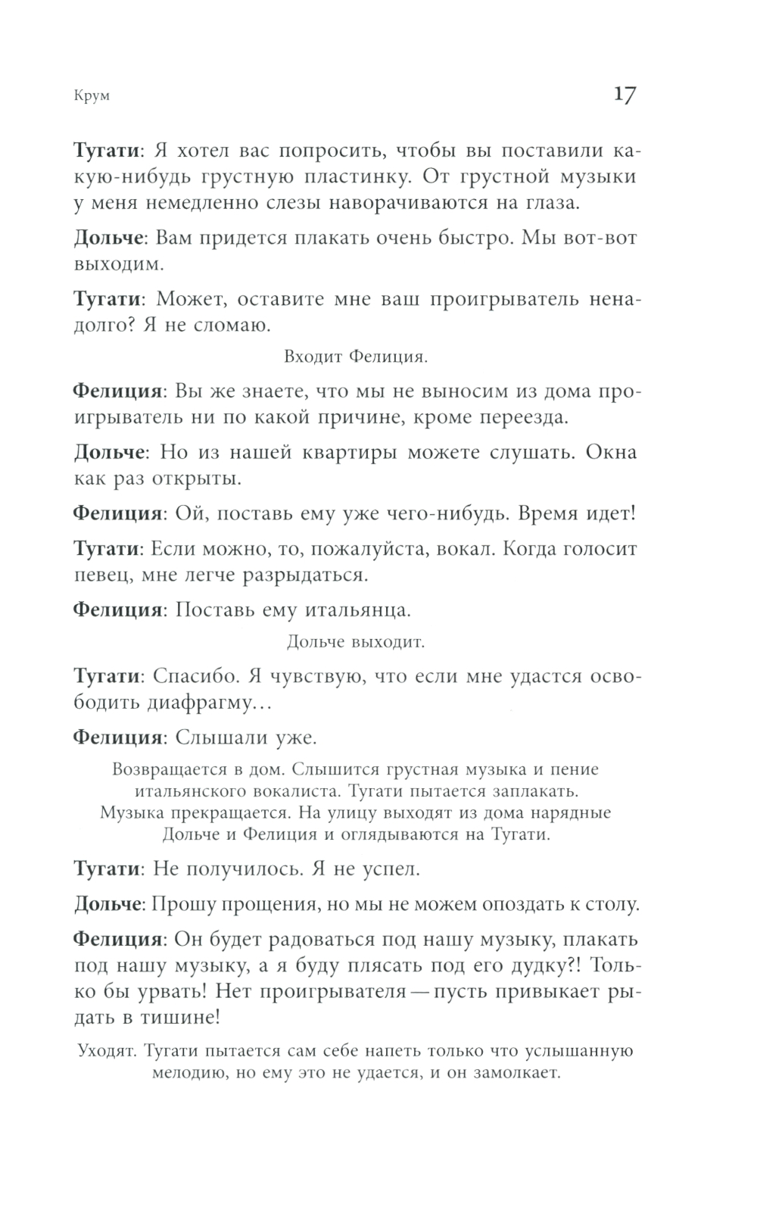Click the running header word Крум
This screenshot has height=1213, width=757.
tap(92, 96)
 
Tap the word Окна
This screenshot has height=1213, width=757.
tap(609, 452)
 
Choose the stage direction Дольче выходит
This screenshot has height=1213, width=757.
tap(356, 643)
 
